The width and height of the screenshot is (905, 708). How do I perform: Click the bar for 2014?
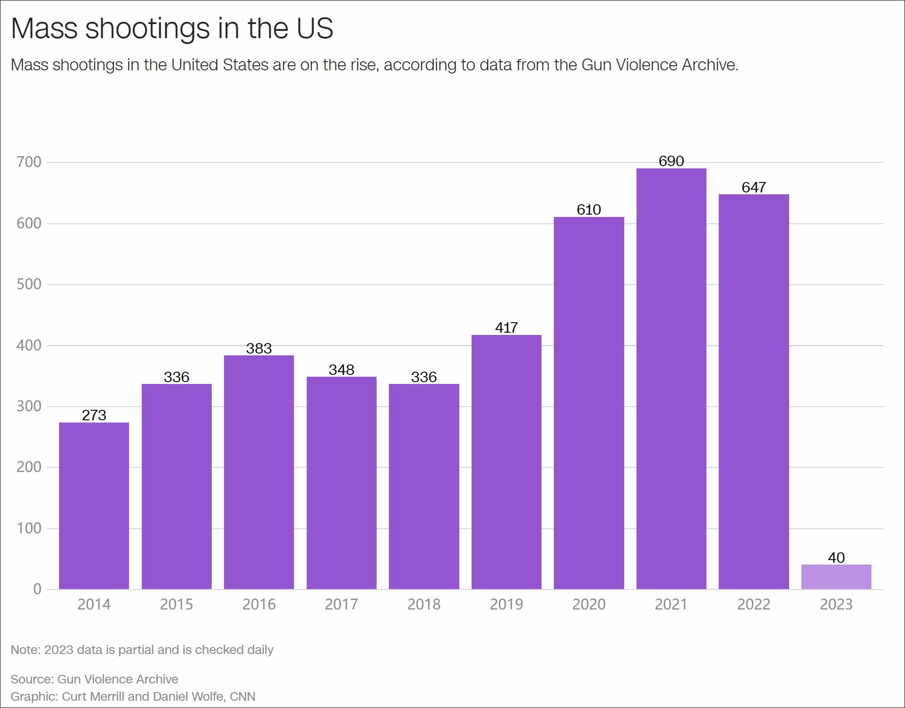click(x=94, y=506)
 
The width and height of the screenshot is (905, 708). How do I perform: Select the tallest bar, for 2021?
click(x=671, y=379)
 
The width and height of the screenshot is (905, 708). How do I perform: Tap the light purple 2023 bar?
click(x=836, y=577)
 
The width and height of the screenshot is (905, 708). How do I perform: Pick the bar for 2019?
click(x=506, y=462)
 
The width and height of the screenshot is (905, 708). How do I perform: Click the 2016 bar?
click(x=259, y=472)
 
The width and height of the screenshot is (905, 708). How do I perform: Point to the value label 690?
click(x=671, y=161)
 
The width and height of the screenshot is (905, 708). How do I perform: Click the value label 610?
click(x=589, y=210)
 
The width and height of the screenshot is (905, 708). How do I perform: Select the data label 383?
click(x=259, y=349)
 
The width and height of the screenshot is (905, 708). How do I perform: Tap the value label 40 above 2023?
click(x=836, y=558)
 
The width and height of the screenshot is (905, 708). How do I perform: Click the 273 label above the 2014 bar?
click(x=94, y=415)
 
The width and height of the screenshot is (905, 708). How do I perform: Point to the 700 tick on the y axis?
click(x=29, y=162)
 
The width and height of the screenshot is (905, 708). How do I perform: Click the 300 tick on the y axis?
click(x=29, y=406)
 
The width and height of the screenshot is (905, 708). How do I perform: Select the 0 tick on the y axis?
click(x=37, y=589)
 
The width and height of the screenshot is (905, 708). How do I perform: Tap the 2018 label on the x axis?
click(x=424, y=605)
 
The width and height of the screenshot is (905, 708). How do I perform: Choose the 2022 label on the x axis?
click(x=754, y=605)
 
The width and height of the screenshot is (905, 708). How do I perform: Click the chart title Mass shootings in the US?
click(x=172, y=28)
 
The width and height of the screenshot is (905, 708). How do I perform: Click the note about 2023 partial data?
click(x=142, y=650)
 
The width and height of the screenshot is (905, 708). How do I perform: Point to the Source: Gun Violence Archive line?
click(x=94, y=679)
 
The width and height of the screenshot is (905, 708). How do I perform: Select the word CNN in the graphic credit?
click(x=243, y=697)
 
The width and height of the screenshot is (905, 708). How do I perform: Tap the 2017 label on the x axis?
click(x=342, y=605)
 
